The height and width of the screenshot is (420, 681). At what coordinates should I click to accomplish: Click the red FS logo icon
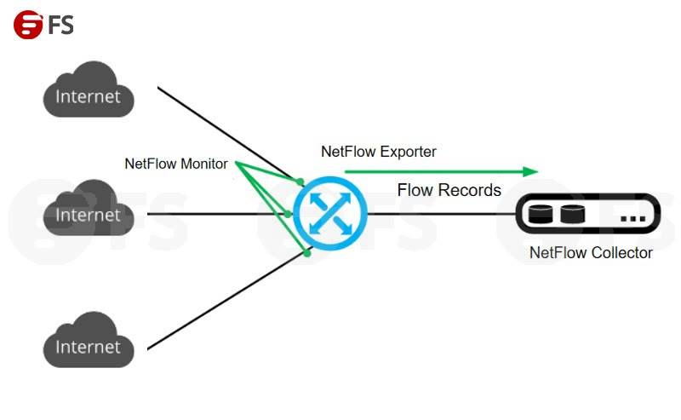point(30,25)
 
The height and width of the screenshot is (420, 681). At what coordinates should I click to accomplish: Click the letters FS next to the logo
point(60,25)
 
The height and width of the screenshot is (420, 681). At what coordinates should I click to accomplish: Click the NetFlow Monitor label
point(175,164)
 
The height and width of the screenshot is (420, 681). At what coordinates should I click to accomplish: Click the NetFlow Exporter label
point(378,152)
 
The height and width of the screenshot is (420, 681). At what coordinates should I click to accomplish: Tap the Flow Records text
point(449,190)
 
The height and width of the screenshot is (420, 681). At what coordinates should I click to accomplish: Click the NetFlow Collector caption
point(591,252)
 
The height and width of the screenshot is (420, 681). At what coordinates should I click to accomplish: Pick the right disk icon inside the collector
point(571,214)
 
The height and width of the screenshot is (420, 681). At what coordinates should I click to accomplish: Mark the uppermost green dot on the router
point(300,181)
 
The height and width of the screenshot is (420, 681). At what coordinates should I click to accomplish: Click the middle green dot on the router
point(289,214)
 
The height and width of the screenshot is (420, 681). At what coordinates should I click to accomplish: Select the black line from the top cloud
point(221,127)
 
